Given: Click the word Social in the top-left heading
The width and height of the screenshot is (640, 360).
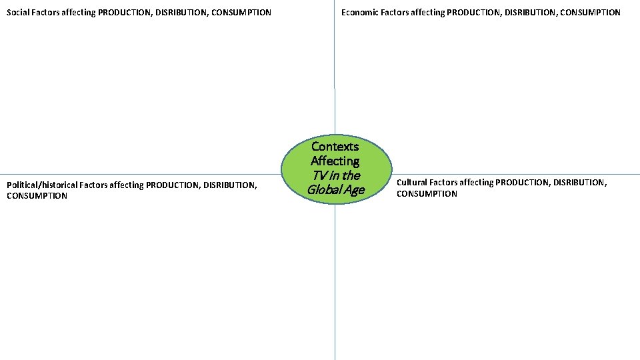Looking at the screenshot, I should (x=18, y=12).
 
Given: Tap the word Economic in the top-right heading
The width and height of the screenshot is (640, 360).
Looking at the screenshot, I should (x=360, y=12).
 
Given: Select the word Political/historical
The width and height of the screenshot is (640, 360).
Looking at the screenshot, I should (x=42, y=185).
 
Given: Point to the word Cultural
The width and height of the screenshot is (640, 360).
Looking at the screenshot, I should (x=412, y=182).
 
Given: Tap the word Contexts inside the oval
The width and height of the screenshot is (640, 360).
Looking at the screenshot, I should (x=335, y=147).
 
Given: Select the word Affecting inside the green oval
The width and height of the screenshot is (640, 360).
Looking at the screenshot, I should (x=335, y=161).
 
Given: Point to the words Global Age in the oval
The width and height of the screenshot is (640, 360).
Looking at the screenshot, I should (x=335, y=190).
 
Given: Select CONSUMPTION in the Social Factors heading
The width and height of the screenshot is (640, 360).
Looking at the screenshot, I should (x=243, y=12).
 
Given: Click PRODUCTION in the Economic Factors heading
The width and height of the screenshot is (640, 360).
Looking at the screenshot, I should (x=473, y=12).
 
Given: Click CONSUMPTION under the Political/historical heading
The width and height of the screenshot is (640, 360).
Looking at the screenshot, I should (x=37, y=196).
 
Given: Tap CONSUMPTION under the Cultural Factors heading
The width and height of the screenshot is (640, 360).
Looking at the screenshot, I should (x=427, y=194).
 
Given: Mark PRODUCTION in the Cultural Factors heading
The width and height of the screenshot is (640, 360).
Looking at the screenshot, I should (x=523, y=182).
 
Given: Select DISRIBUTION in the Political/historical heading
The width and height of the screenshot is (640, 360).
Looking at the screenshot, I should (x=229, y=185).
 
